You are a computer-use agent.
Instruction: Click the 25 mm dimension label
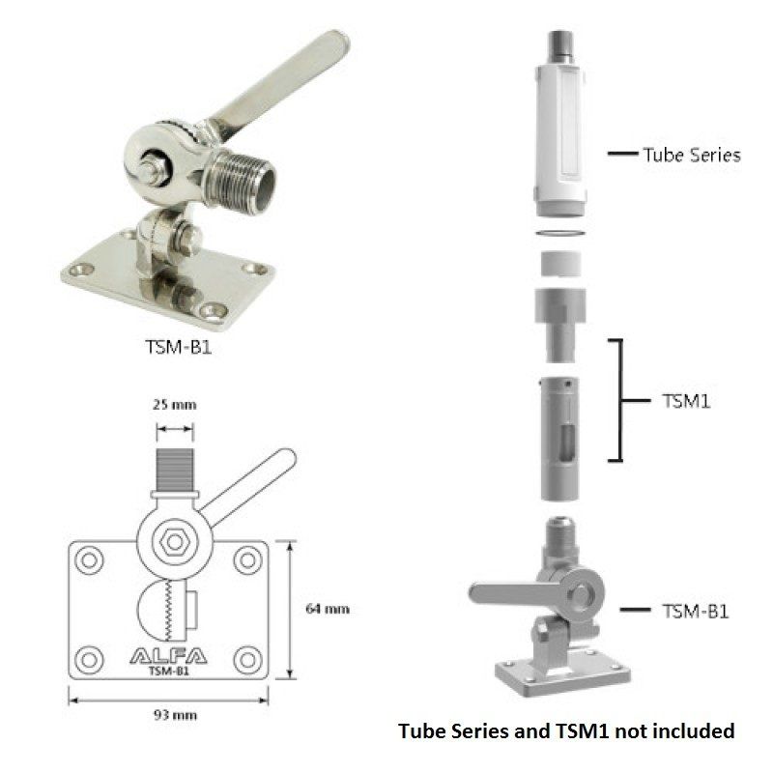(175, 405)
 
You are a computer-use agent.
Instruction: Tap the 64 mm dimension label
(328, 609)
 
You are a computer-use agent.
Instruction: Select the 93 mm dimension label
(175, 715)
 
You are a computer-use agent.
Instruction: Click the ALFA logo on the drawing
(168, 656)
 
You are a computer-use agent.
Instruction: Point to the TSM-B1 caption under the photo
(179, 347)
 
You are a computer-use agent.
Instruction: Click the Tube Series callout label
(692, 155)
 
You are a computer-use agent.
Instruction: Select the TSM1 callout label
(686, 401)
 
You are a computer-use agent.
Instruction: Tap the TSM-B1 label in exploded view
(695, 612)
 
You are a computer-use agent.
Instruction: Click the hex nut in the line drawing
(175, 542)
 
